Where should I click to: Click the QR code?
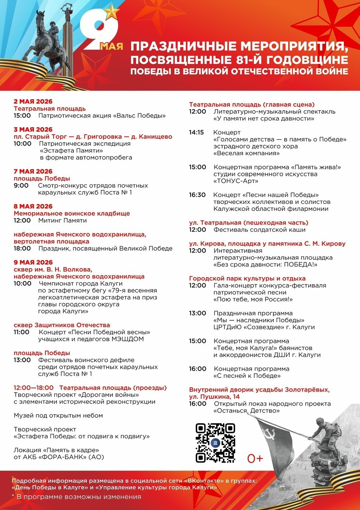[x=215, y=443]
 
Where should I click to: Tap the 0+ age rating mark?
[x=255, y=458]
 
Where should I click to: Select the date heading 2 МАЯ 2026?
[x=33, y=101]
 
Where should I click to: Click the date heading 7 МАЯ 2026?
[x=33, y=172]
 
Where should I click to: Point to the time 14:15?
[x=196, y=132]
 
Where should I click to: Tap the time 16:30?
[x=197, y=195]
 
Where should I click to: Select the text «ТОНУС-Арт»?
[x=236, y=181]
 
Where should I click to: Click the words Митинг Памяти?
[x=62, y=220]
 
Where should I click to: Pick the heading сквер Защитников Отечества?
[x=62, y=325]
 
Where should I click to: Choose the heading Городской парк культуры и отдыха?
[x=247, y=278]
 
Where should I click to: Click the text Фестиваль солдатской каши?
[x=259, y=230]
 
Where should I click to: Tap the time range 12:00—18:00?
[x=34, y=388]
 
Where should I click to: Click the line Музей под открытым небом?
[x=58, y=415]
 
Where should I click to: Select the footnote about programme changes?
[x=76, y=497]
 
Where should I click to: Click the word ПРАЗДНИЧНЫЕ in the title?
[x=183, y=47]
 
